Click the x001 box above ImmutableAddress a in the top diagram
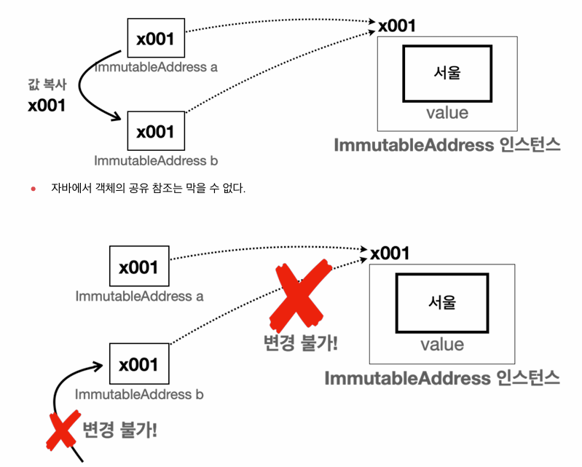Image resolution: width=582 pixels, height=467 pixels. click(155, 39)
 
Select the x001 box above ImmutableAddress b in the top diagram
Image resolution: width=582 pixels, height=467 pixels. click(155, 131)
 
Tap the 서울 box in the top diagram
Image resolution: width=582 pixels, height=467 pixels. click(447, 73)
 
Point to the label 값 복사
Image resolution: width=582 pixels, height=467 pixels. click(47, 85)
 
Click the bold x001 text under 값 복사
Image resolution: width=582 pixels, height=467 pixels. click(47, 105)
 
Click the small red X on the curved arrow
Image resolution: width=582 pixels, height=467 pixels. click(63, 431)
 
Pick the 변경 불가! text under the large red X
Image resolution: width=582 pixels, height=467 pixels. click(301, 343)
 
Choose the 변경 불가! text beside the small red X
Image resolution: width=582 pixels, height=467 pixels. click(120, 429)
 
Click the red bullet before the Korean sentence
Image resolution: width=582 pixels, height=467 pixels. click(33, 189)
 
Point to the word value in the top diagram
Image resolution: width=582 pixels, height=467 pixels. click(447, 113)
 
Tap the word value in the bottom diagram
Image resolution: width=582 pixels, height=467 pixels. click(441, 344)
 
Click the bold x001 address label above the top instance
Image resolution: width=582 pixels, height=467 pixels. click(396, 26)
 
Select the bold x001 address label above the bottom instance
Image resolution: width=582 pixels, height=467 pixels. click(390, 254)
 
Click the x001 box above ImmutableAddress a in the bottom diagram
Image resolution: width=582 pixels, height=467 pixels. click(138, 267)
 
